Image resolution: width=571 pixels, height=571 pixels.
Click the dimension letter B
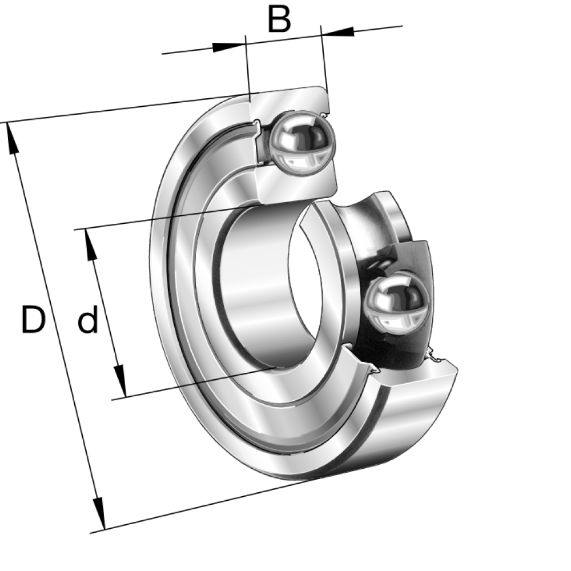click(x=279, y=19)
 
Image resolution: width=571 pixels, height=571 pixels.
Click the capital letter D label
click(x=33, y=320)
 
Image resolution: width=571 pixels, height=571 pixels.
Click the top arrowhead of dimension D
click(x=12, y=138)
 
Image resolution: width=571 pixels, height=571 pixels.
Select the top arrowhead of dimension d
click(x=91, y=245)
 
